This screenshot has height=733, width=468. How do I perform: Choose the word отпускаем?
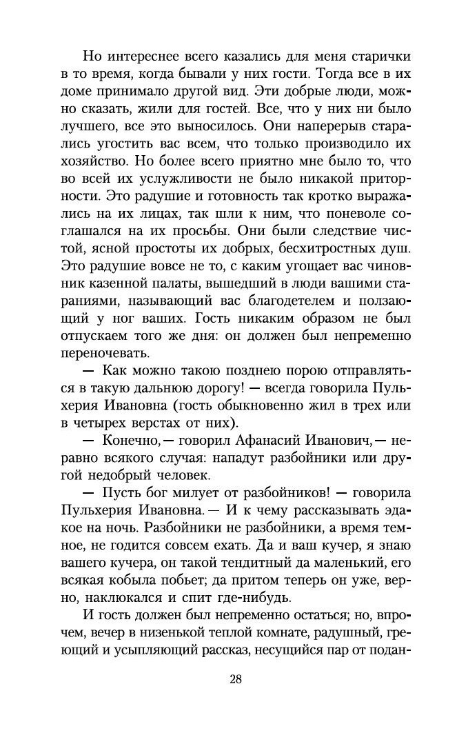pos(90,335)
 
